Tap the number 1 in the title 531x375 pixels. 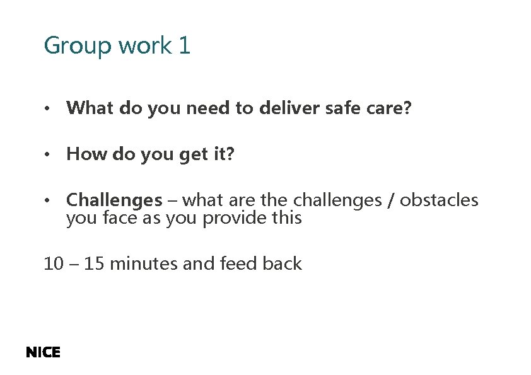pos(184,46)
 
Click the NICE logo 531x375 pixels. pos(43,353)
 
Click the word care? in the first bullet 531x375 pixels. pos(389,108)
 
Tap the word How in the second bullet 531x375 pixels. pos(86,154)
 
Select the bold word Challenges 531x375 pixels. pos(114,200)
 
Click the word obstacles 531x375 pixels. pos(439,200)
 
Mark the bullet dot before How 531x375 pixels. pos(47,154)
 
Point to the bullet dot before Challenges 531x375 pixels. pos(47,201)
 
